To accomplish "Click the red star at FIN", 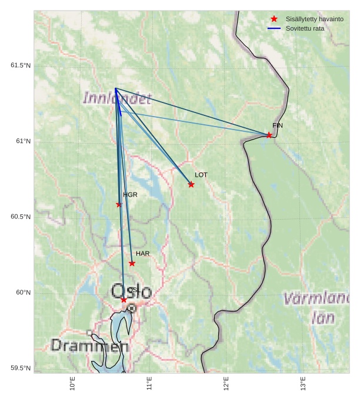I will click(x=269, y=135).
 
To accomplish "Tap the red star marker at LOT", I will click(x=191, y=184).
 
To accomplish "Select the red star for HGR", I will click(x=119, y=204).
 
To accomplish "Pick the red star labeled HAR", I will click(x=132, y=263).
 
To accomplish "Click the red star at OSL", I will click(x=124, y=300).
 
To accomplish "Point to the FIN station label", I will click(x=278, y=125).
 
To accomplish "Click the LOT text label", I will click(x=201, y=175).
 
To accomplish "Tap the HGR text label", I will click(x=130, y=194).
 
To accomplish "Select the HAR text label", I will click(x=142, y=253).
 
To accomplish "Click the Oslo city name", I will click(x=131, y=291).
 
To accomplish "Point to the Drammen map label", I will click(x=81, y=346).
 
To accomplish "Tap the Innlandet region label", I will click(x=117, y=98).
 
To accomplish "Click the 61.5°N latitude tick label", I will click(x=20, y=65).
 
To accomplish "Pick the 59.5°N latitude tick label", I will click(x=20, y=369).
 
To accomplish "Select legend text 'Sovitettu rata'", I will click(x=301, y=28).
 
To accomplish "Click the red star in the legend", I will click(x=274, y=19).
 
